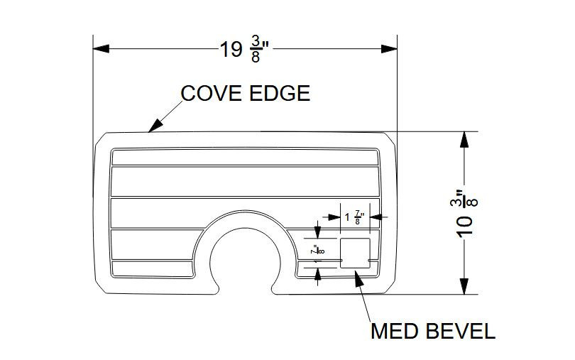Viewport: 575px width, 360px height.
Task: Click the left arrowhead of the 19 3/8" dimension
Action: (101, 49)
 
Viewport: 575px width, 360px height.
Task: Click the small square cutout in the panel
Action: (355, 253)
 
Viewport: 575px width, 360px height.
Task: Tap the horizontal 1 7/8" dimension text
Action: (355, 217)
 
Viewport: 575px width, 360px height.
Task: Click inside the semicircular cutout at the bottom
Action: (245, 259)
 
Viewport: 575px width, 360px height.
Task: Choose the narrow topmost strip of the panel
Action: (245, 157)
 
